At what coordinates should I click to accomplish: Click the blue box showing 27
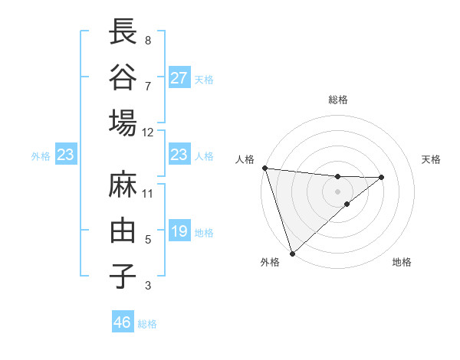tap(179, 78)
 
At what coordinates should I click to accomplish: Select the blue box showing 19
tap(179, 231)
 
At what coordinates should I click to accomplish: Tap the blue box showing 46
tap(123, 322)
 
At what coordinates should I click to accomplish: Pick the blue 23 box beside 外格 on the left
tap(65, 155)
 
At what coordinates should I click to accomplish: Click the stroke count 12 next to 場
tap(148, 133)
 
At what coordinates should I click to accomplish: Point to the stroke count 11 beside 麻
tap(148, 194)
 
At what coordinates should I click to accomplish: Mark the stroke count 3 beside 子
tap(148, 286)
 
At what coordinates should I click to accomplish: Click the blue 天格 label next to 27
tap(204, 79)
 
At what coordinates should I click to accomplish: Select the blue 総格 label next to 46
tap(147, 324)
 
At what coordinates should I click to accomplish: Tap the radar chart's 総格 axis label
tap(337, 100)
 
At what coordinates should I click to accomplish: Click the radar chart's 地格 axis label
tap(402, 263)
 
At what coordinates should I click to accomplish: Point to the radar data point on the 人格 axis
tap(264, 168)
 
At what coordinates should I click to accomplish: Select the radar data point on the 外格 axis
tap(292, 252)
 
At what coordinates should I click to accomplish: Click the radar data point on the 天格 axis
tap(382, 178)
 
